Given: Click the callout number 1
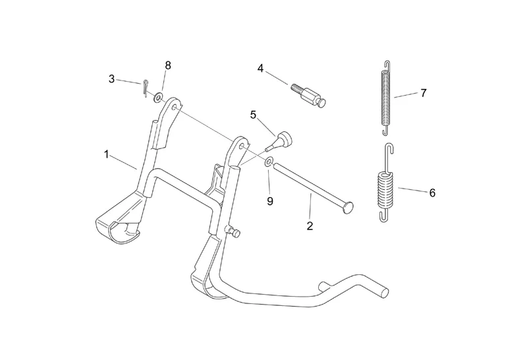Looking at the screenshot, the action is click(x=107, y=155).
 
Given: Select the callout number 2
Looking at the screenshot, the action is click(x=310, y=225).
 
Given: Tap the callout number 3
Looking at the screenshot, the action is click(x=111, y=79).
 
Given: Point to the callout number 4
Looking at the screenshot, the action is click(x=260, y=69).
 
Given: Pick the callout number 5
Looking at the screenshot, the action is click(x=253, y=115).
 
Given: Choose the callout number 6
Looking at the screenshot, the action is click(x=432, y=193).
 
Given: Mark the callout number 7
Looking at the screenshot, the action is click(x=424, y=93).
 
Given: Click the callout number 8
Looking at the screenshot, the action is click(x=168, y=65).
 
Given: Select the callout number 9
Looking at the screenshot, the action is click(x=270, y=201).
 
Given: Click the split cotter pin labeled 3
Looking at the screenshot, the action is click(x=145, y=88).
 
